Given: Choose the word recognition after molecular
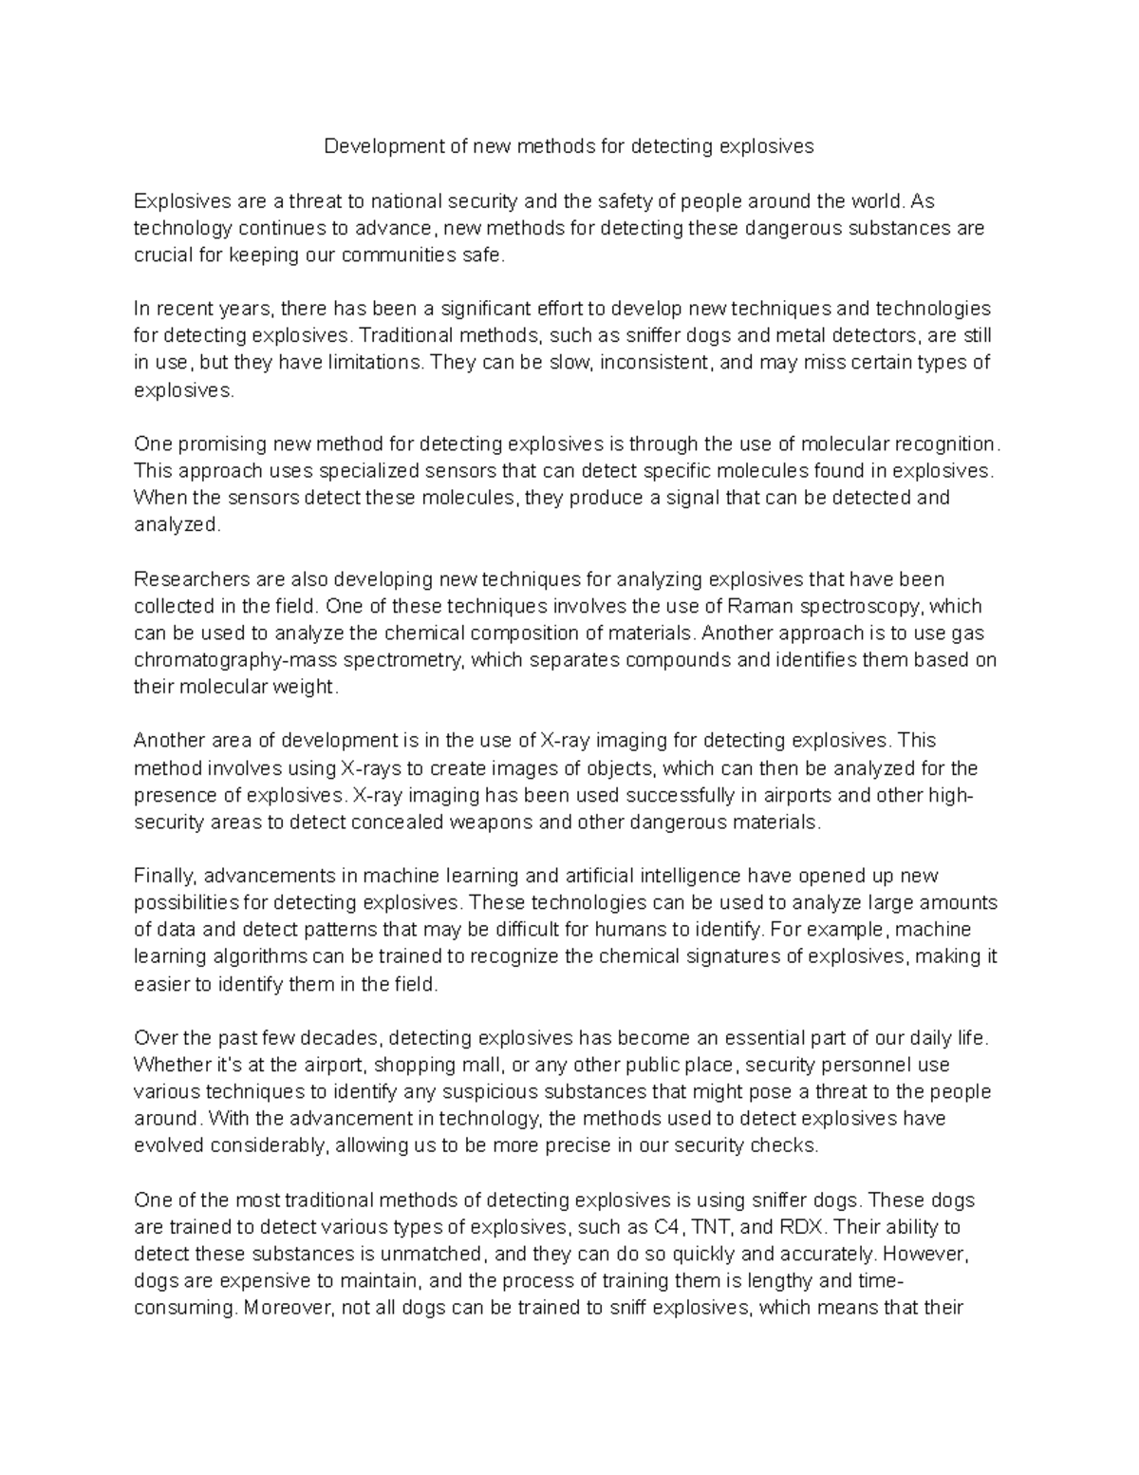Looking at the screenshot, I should click(943, 444).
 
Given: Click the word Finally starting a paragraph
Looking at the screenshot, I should click(166, 875).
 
